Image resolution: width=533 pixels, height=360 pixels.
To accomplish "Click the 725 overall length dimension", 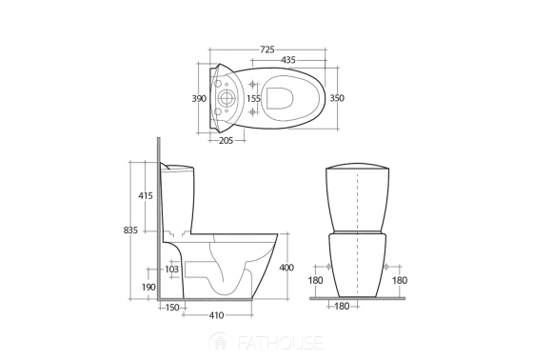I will tap(267, 48).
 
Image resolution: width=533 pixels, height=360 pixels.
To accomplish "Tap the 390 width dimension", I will tap(199, 98).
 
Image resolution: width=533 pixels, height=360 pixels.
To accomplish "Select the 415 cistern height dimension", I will tap(145, 195).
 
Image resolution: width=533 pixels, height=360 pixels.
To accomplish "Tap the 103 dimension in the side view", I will tap(172, 270).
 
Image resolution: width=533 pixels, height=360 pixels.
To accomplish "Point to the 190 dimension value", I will tap(148, 287).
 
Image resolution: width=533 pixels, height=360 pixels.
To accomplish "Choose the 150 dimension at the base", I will tap(172, 307).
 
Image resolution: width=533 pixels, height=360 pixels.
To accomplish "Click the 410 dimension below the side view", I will tap(216, 315).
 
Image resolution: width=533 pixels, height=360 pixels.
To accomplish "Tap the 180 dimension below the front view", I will tap(344, 307).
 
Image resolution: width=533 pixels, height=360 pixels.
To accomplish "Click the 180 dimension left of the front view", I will tap(316, 280).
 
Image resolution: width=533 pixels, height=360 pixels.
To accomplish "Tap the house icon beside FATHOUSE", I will tap(220, 340).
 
